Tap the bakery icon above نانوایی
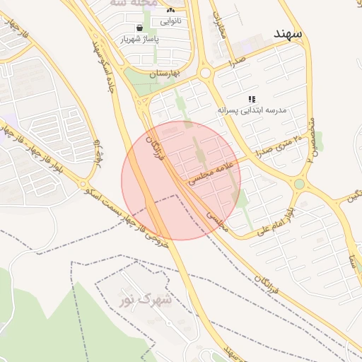pyautogui.click(x=170, y=11)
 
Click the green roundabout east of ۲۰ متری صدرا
pyautogui.click(x=299, y=184)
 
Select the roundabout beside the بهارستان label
pyautogui.click(x=206, y=72)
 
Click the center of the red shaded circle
pyautogui.click(x=181, y=180)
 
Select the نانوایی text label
pyautogui.click(x=170, y=21)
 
